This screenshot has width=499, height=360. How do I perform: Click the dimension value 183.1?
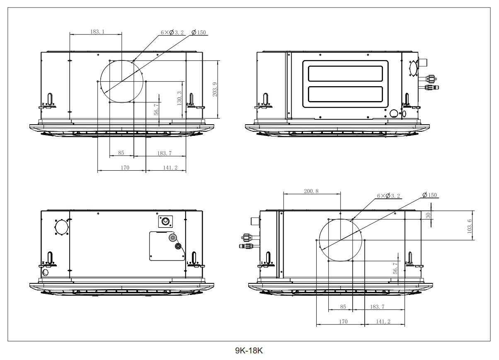point(97,31)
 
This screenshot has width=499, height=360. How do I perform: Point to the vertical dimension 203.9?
point(214,89)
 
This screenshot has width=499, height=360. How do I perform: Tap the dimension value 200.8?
point(311,191)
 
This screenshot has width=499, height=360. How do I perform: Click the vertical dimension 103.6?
point(470,226)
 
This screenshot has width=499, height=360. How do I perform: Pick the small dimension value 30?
point(429,215)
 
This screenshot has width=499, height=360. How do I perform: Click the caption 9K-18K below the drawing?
point(249,351)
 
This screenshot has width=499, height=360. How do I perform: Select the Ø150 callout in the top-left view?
point(199,33)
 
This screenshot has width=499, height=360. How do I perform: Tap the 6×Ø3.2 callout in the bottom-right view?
point(388,196)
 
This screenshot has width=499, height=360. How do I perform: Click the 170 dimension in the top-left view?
point(125,168)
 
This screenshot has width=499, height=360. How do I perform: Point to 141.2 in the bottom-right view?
point(383,321)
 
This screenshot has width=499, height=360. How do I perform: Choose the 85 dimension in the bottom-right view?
point(343,307)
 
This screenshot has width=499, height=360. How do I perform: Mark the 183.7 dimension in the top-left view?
point(164,153)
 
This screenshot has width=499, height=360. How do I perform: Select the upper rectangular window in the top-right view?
point(345,73)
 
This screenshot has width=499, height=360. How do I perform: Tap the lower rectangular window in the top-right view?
point(345,94)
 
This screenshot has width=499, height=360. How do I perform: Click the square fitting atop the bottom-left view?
point(165,221)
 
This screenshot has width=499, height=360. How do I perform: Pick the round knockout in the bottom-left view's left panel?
point(61,226)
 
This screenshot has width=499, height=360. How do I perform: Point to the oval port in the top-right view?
point(413,68)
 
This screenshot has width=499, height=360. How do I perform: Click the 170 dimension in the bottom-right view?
point(343,321)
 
